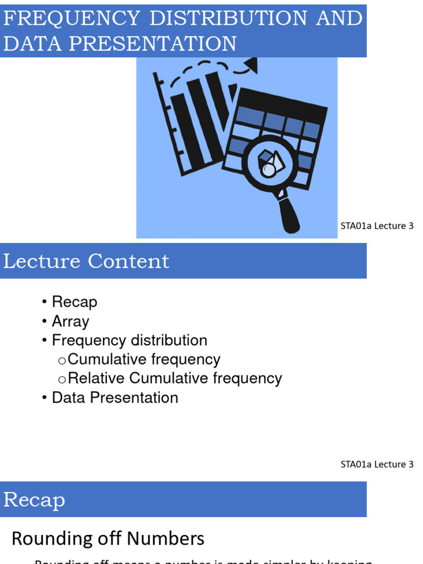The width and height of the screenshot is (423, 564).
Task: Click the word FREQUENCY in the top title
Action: pyautogui.click(x=71, y=18)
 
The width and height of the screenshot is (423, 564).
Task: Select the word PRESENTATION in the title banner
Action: pyautogui.click(x=154, y=44)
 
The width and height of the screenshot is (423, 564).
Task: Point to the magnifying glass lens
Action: pyautogui.click(x=269, y=162)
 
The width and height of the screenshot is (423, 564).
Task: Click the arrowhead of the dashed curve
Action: pyautogui.click(x=251, y=67)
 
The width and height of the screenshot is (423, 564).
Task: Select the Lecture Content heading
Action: pyautogui.click(x=86, y=261)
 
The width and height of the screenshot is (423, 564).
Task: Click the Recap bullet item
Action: pyautogui.click(x=74, y=302)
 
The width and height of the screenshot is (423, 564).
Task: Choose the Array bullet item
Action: pyautogui.click(x=70, y=321)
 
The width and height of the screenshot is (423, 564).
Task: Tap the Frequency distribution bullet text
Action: pyautogui.click(x=129, y=340)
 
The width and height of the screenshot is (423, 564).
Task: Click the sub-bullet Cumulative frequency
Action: pyautogui.click(x=144, y=360)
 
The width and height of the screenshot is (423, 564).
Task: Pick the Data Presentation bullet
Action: pyautogui.click(x=115, y=398)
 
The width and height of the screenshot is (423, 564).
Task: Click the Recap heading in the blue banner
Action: pyautogui.click(x=34, y=500)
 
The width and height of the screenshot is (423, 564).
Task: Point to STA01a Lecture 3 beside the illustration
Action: pyautogui.click(x=377, y=226)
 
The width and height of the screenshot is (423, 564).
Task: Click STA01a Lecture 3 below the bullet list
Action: pyautogui.click(x=377, y=464)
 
